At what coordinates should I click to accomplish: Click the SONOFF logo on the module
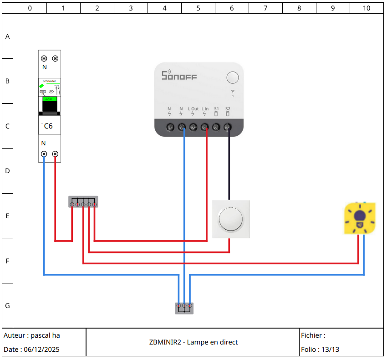[x=179, y=75]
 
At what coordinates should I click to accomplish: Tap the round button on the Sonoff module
[x=232, y=77]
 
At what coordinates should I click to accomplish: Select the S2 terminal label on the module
[x=228, y=109]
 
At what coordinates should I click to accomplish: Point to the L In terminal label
[x=205, y=109]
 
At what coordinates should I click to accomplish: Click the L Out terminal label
[x=193, y=109]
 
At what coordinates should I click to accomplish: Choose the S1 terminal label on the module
[x=216, y=109]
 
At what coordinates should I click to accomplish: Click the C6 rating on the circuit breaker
[x=48, y=126]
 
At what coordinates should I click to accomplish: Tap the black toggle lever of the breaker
[x=50, y=107]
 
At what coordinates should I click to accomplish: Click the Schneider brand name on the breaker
[x=49, y=81]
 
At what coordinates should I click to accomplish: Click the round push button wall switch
[x=231, y=219]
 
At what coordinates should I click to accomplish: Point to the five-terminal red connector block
[x=83, y=202]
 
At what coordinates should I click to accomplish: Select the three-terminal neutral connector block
[x=184, y=308]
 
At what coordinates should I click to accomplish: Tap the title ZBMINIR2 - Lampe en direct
[x=193, y=342]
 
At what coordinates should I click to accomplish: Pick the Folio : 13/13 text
[x=320, y=350]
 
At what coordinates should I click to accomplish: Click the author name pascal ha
[x=45, y=335]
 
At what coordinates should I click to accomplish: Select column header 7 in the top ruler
[x=265, y=8]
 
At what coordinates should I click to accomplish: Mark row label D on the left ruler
[x=7, y=171]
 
